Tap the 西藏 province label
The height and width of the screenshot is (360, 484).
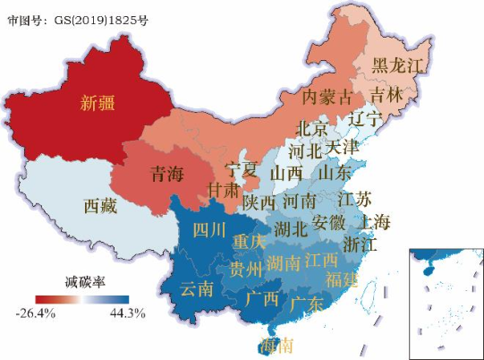tap(100, 206)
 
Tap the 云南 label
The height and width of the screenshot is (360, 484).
tap(198, 289)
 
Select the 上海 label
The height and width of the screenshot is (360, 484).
tap(372, 222)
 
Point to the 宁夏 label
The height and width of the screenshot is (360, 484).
tap(242, 169)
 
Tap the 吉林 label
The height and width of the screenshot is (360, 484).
tap(386, 93)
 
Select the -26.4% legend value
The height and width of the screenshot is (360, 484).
tap(37, 313)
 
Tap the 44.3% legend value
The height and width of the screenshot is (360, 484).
tap(129, 313)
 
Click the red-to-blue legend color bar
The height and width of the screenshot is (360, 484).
tap(82, 299)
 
